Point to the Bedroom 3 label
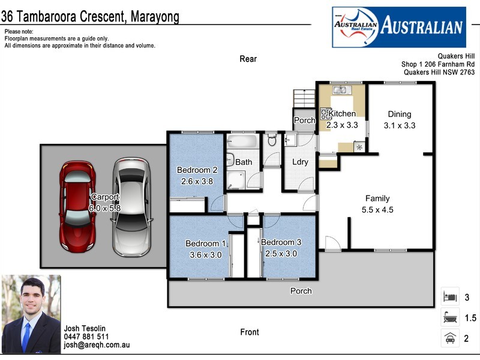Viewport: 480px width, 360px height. (281, 243)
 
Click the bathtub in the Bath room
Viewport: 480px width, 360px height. (242, 142)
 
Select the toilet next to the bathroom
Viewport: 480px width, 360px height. (271, 140)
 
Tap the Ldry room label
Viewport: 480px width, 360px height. (300, 162)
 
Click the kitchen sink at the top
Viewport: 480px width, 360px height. (341, 90)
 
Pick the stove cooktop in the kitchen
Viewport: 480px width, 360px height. (325, 113)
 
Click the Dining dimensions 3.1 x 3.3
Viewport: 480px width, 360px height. (400, 125)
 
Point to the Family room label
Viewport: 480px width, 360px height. (377, 199)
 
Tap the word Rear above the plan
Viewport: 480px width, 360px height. (248, 59)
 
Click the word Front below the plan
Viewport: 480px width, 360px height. (250, 332)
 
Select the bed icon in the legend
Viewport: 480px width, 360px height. (450, 297)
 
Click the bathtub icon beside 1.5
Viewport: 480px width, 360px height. (450, 317)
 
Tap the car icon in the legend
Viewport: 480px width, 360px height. (450, 338)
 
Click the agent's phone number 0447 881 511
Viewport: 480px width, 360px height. (86, 337)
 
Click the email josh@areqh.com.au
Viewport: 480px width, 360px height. (97, 345)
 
